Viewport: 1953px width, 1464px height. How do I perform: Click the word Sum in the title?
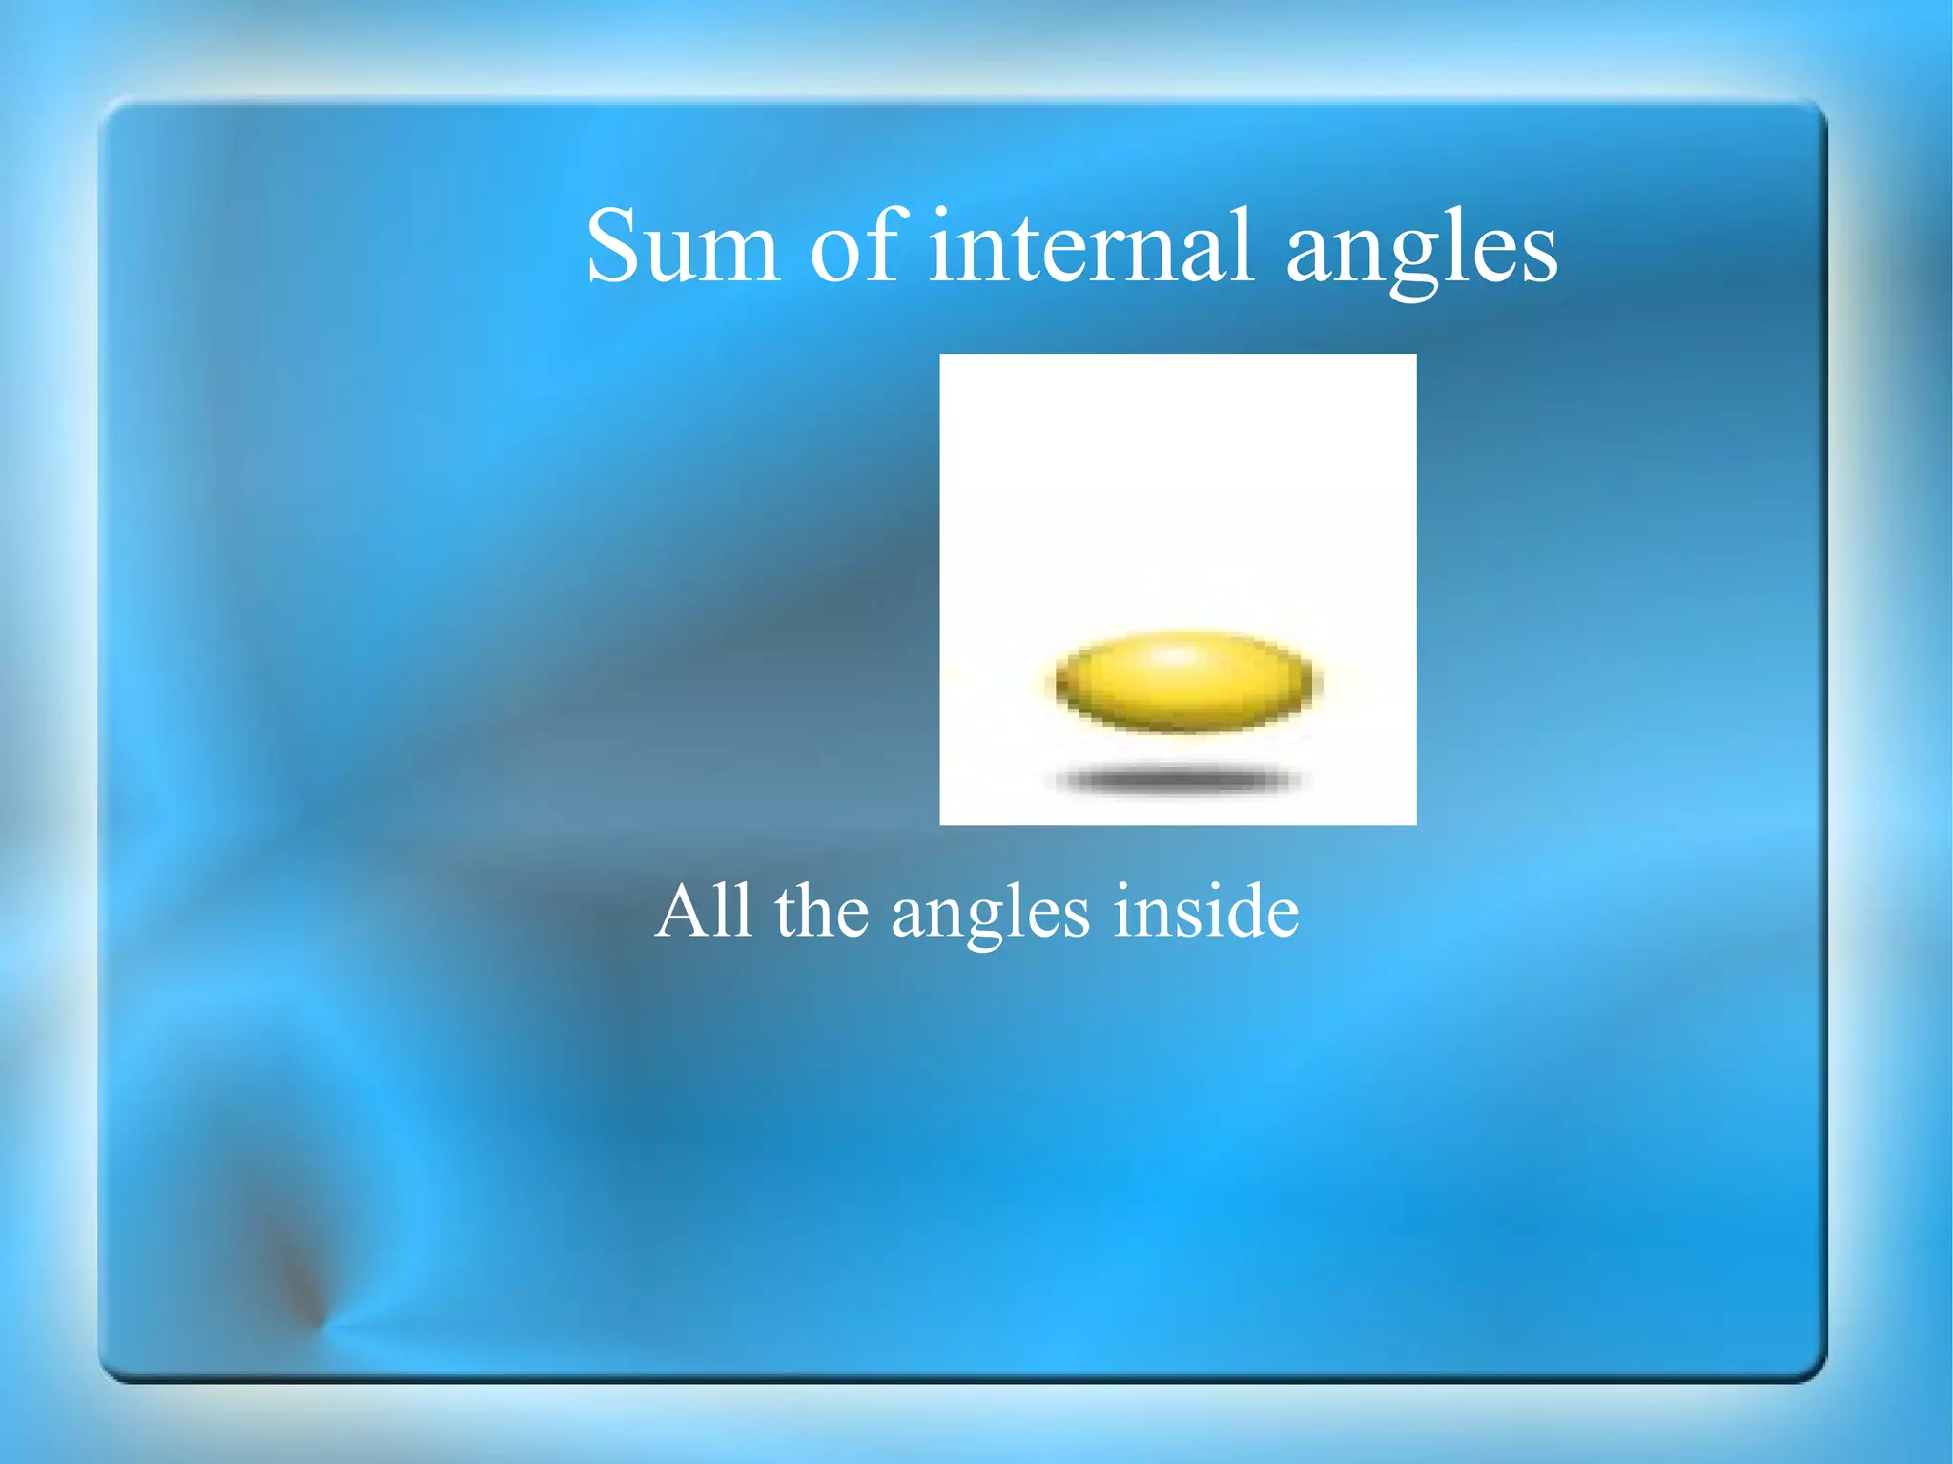click(683, 247)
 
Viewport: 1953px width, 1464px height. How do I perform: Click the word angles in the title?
click(1421, 251)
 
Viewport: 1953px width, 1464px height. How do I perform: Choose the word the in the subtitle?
click(822, 912)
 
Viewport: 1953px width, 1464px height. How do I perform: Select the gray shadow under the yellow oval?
click(1179, 780)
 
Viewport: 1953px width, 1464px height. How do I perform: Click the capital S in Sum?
click(612, 246)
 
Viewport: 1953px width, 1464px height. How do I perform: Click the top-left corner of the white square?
click(942, 357)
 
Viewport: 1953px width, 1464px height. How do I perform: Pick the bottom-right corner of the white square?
click(1414, 822)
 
